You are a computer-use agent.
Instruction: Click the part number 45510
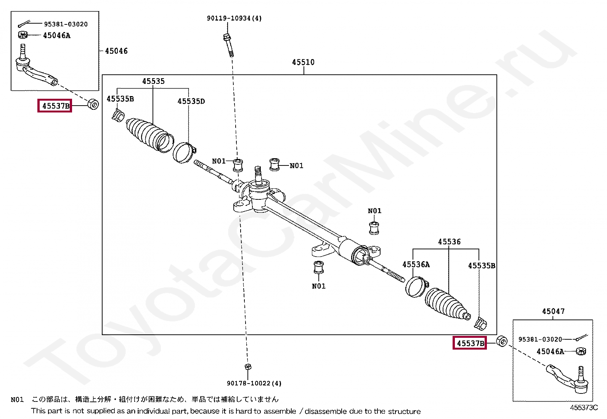click(303, 62)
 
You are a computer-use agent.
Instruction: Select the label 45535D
click(191, 101)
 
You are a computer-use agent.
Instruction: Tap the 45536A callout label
click(416, 265)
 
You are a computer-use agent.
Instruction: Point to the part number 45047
click(553, 311)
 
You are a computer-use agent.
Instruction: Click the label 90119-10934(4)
click(234, 18)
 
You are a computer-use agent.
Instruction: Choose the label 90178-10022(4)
click(254, 384)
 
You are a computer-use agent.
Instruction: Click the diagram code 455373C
click(584, 408)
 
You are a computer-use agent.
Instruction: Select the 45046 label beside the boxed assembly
click(116, 51)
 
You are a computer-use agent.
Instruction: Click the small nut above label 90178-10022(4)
click(248, 367)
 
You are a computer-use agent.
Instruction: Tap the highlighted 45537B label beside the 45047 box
click(470, 344)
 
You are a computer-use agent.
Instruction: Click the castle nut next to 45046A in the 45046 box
click(23, 35)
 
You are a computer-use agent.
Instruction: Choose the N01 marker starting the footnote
click(17, 400)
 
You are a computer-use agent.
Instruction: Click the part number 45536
click(449, 242)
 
